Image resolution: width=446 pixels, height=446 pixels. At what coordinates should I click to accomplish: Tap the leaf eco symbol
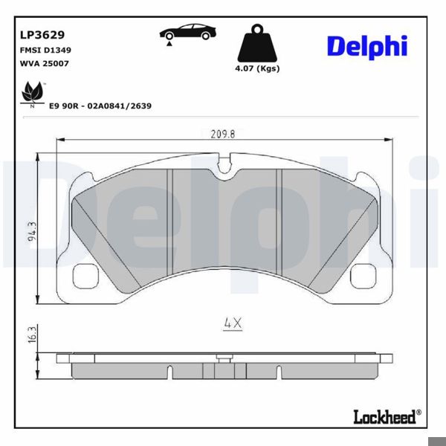[x=31, y=94]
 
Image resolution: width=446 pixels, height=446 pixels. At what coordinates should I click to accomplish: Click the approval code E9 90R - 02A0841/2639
[x=100, y=106]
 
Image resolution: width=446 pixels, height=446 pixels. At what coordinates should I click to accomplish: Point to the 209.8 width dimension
[x=223, y=135]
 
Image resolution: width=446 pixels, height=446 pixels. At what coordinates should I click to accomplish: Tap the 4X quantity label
[x=233, y=323]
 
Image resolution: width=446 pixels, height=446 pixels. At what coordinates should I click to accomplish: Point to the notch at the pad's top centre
[x=223, y=163]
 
